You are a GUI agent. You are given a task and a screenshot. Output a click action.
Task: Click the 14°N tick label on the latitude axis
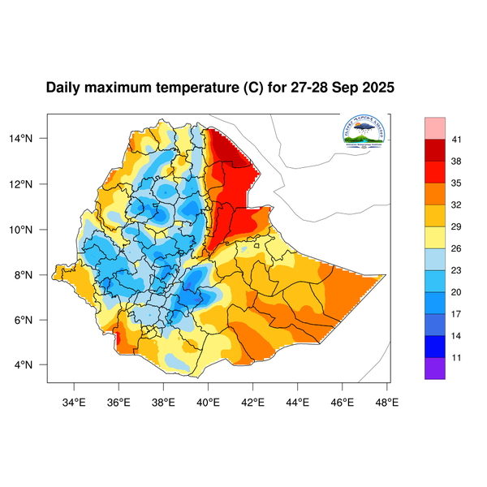(31, 139)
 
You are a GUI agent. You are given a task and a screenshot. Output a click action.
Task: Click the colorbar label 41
(457, 140)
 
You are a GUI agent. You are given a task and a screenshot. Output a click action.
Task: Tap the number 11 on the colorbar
(457, 356)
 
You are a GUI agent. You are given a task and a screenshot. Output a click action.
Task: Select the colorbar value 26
(457, 248)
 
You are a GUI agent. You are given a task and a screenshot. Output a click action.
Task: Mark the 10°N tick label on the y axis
(31, 230)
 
